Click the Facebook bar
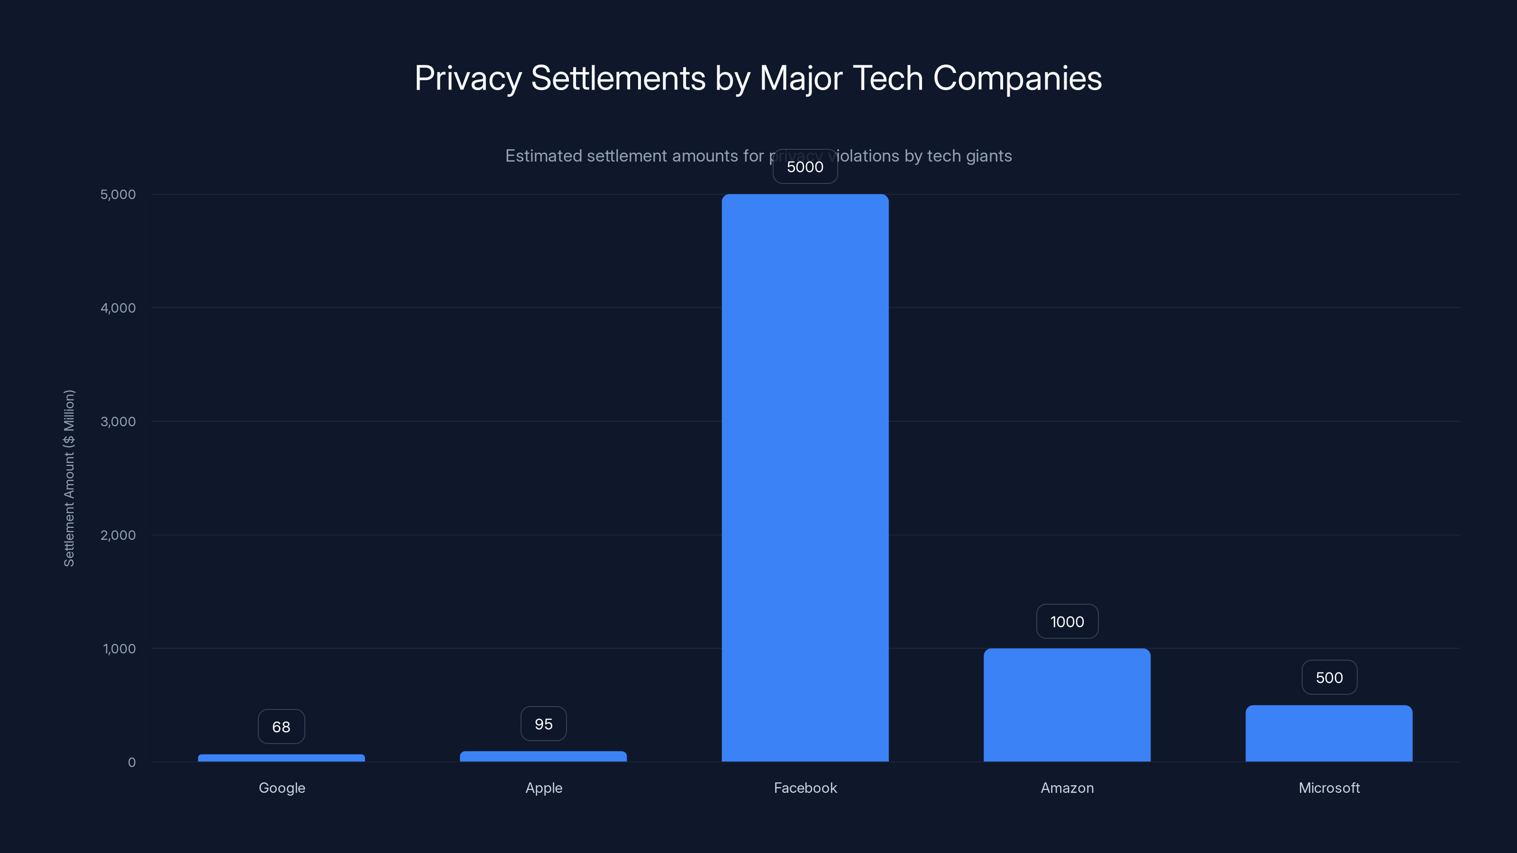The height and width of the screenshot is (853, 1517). point(805,477)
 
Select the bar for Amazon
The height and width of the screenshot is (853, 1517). point(1067,705)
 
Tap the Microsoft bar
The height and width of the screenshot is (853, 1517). point(1328,733)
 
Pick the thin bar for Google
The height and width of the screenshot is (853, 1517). point(281,758)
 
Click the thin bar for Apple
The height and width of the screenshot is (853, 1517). point(543,756)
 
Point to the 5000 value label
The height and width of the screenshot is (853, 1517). point(805,167)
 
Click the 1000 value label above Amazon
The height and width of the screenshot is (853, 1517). point(1067,622)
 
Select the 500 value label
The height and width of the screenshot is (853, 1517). point(1328,678)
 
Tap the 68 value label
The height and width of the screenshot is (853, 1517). point(281,726)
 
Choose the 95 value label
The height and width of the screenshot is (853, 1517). point(543,724)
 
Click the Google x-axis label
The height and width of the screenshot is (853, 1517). point(282,788)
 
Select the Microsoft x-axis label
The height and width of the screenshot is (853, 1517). point(1328,788)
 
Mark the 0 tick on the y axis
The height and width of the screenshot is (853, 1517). point(131,762)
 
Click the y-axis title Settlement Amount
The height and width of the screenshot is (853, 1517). point(69,478)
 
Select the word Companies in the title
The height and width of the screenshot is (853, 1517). point(1017,78)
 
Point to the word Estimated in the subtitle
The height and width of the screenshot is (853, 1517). point(543,156)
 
